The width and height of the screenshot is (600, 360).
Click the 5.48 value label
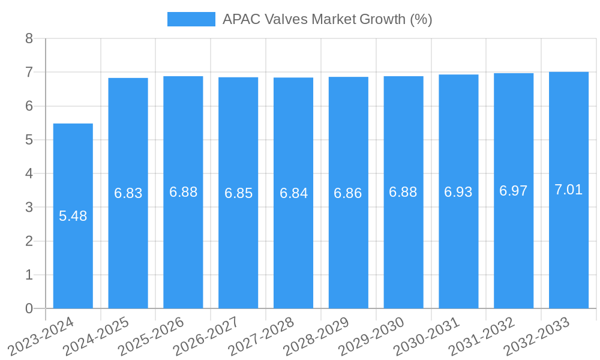[x=73, y=216]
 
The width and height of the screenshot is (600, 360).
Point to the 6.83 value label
[x=128, y=193]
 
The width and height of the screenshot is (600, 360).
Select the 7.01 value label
[x=569, y=190]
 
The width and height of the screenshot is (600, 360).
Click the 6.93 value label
[x=458, y=192]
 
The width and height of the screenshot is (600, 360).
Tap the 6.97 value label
[x=514, y=191]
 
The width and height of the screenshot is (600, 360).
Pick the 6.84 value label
[x=293, y=193]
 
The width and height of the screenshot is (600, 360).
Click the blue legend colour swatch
[x=191, y=19]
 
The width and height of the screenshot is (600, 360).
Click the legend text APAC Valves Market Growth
[x=327, y=19]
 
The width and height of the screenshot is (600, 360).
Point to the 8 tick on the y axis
[x=29, y=38]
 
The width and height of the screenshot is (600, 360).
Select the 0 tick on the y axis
[x=29, y=308]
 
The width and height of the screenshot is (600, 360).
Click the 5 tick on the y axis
[x=29, y=140]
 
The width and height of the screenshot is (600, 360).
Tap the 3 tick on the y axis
[x=29, y=207]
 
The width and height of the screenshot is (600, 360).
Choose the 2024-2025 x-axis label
[x=97, y=337]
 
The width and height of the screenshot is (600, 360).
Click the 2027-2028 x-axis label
[x=262, y=337]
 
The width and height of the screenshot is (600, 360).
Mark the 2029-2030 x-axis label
[x=372, y=337]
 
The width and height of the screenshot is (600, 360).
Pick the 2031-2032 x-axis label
[x=482, y=337]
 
